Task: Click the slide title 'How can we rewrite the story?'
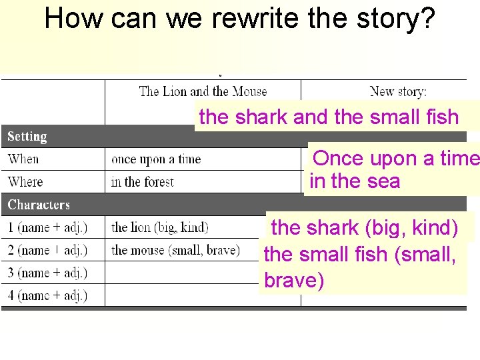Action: click(240, 19)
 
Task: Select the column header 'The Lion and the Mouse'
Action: click(203, 91)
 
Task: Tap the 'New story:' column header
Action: click(398, 91)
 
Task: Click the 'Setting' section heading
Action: click(27, 137)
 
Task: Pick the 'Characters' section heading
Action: click(39, 205)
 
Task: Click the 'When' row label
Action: click(23, 159)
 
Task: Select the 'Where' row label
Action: click(25, 182)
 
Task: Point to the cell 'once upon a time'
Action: click(156, 159)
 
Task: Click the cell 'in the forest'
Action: click(142, 182)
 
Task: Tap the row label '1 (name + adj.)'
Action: click(47, 227)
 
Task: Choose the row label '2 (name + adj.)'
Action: click(47, 250)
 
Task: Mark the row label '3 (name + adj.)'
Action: click(47, 273)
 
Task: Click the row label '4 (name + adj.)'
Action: click(47, 295)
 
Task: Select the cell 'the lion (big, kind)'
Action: click(160, 227)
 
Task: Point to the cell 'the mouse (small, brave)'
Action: click(175, 250)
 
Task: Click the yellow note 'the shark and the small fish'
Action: click(329, 117)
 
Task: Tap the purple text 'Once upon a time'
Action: click(396, 159)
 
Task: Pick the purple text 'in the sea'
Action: click(355, 181)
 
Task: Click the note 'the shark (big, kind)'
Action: click(365, 228)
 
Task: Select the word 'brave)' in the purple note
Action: click(294, 281)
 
